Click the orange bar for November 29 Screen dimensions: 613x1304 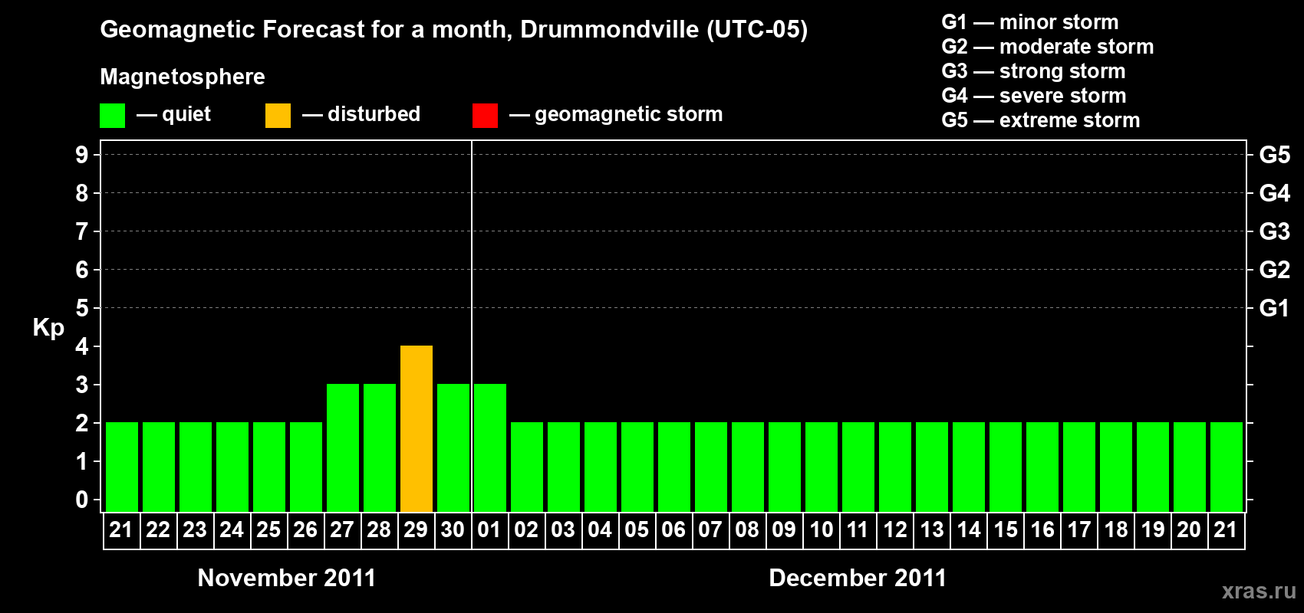pyautogui.click(x=417, y=428)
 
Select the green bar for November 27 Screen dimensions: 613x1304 pyautogui.click(x=343, y=447)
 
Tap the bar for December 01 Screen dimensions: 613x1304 pyautogui.click(x=490, y=447)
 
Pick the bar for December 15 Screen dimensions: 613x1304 pyautogui.click(x=1006, y=467)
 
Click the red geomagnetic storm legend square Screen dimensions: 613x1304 pyautogui.click(x=485, y=116)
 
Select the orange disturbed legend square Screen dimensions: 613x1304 pyautogui.click(x=278, y=116)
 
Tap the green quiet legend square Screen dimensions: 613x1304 pyautogui.click(x=112, y=116)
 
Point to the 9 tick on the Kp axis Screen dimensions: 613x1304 pyautogui.click(x=82, y=155)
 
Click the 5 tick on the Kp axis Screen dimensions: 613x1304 pyautogui.click(x=82, y=308)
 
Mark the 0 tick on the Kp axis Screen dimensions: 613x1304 pyautogui.click(x=82, y=500)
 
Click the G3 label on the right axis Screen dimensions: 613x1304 pyautogui.click(x=1274, y=231)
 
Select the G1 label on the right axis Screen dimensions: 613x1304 pyautogui.click(x=1274, y=308)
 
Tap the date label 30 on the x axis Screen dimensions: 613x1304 pyautogui.click(x=453, y=529)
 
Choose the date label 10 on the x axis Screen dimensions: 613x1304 pyautogui.click(x=821, y=529)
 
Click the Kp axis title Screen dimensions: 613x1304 pyautogui.click(x=48, y=328)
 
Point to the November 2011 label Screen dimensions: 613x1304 pyautogui.click(x=287, y=578)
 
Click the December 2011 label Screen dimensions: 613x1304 pyautogui.click(x=858, y=578)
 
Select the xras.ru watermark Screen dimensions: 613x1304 pyautogui.click(x=1259, y=591)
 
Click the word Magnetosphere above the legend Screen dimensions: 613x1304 pyautogui.click(x=183, y=77)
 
